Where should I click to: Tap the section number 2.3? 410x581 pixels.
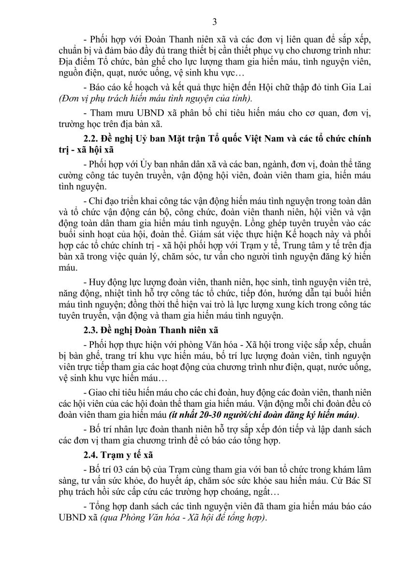(92, 331)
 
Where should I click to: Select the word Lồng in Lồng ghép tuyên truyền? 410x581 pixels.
(256, 224)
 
